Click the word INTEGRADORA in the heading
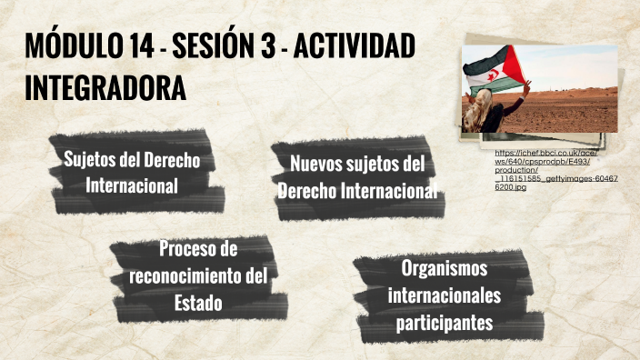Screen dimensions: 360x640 coord(105,88)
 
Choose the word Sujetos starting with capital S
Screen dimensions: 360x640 coord(90,160)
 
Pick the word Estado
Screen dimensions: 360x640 coord(197,304)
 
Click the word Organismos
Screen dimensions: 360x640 coord(445,268)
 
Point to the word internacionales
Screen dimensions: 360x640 coord(445,295)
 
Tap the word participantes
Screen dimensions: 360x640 coord(445,323)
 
